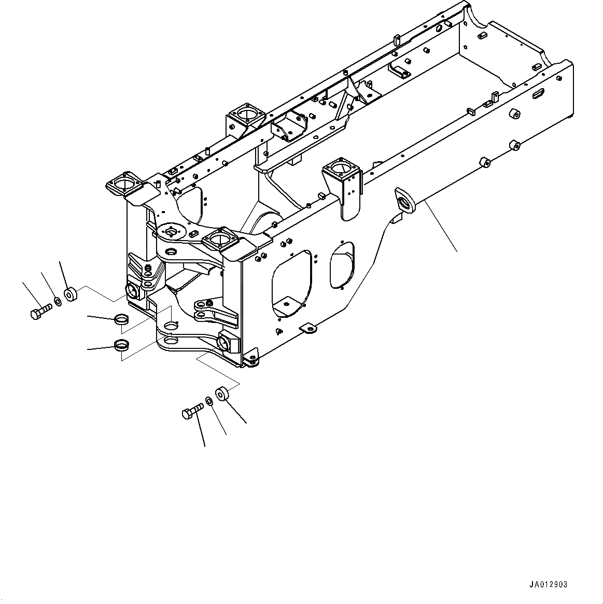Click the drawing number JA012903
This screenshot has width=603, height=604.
[x=548, y=584]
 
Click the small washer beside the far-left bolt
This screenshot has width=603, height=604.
[x=58, y=302]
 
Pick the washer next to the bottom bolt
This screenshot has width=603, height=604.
[x=208, y=401]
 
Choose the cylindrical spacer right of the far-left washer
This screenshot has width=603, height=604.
[x=70, y=295]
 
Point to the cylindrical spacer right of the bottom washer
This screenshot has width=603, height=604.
[x=221, y=392]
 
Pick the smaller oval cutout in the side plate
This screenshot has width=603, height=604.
[x=342, y=265]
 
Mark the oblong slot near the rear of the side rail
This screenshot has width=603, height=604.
[x=539, y=94]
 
